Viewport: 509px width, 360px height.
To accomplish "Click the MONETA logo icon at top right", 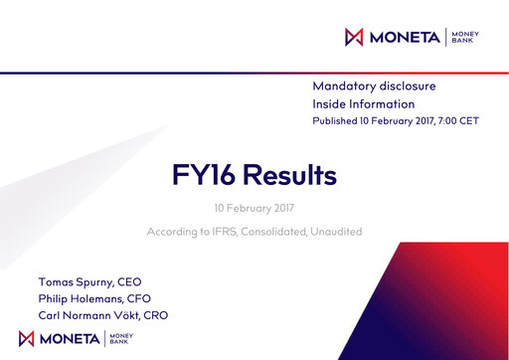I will pos(353,38).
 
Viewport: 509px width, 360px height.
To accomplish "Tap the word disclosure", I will pos(409,87).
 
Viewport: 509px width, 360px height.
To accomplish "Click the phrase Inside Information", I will pos(363,103).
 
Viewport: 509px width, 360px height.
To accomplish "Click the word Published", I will pos(337,120).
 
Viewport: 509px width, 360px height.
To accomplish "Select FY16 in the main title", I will pos(207,176).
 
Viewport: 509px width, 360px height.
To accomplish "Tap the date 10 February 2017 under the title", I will pos(254,209).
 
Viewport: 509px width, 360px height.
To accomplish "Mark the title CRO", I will pos(156,315).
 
